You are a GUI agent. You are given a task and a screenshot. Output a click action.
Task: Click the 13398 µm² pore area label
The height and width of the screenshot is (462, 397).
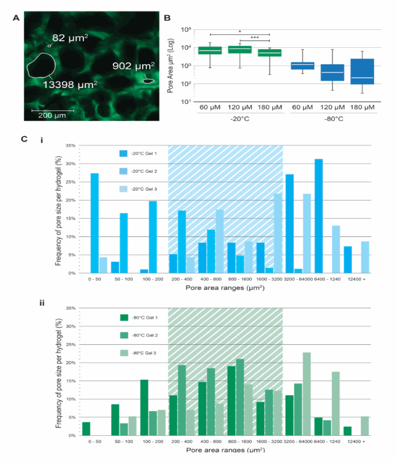[69, 83]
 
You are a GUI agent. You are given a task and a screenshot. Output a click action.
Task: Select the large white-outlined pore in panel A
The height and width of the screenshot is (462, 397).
[41, 67]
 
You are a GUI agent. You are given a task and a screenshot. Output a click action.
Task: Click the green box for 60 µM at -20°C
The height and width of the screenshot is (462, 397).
[210, 50]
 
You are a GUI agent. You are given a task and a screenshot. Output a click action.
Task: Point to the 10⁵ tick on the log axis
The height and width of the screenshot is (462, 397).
[186, 29]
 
